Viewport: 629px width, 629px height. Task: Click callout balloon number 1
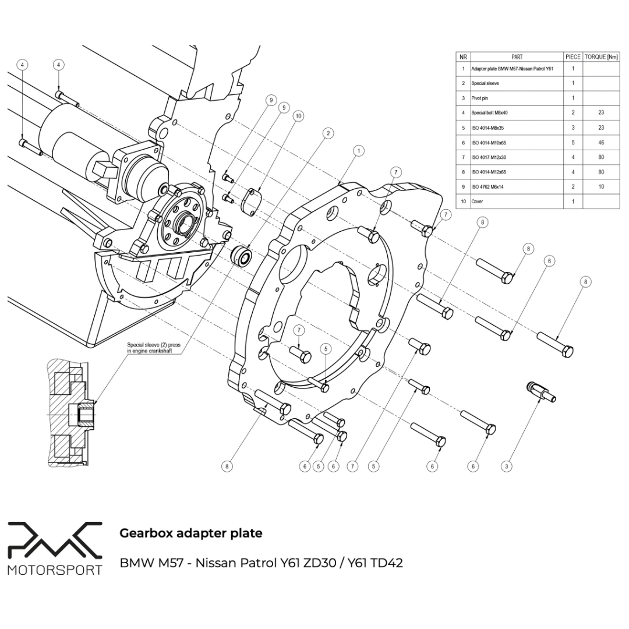tap(359, 151)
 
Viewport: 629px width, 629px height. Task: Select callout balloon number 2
tap(329, 133)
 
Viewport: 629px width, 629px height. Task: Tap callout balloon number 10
tap(298, 116)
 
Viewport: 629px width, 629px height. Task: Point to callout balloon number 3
tap(507, 466)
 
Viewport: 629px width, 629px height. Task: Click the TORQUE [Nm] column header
tap(601, 57)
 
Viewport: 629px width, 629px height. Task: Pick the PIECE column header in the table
tap(573, 57)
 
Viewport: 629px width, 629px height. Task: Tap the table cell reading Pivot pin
tap(480, 98)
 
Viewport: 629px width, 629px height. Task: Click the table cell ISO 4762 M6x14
tap(488, 187)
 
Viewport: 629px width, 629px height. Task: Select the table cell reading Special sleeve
tap(485, 83)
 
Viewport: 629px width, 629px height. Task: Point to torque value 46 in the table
tap(601, 143)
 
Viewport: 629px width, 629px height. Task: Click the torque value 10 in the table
tap(601, 187)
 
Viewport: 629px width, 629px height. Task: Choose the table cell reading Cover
tap(478, 202)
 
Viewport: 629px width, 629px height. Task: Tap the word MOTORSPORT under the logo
tap(55, 569)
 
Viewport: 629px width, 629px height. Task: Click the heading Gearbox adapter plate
tap(190, 533)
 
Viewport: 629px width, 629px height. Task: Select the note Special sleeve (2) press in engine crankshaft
tap(154, 348)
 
